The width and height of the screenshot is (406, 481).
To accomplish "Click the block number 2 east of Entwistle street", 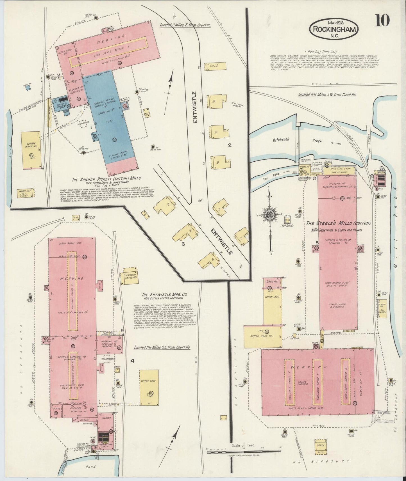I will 230,145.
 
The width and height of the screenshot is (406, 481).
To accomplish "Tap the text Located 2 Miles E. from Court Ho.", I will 185,25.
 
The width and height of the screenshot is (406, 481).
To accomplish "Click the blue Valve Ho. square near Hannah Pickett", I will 28,88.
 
